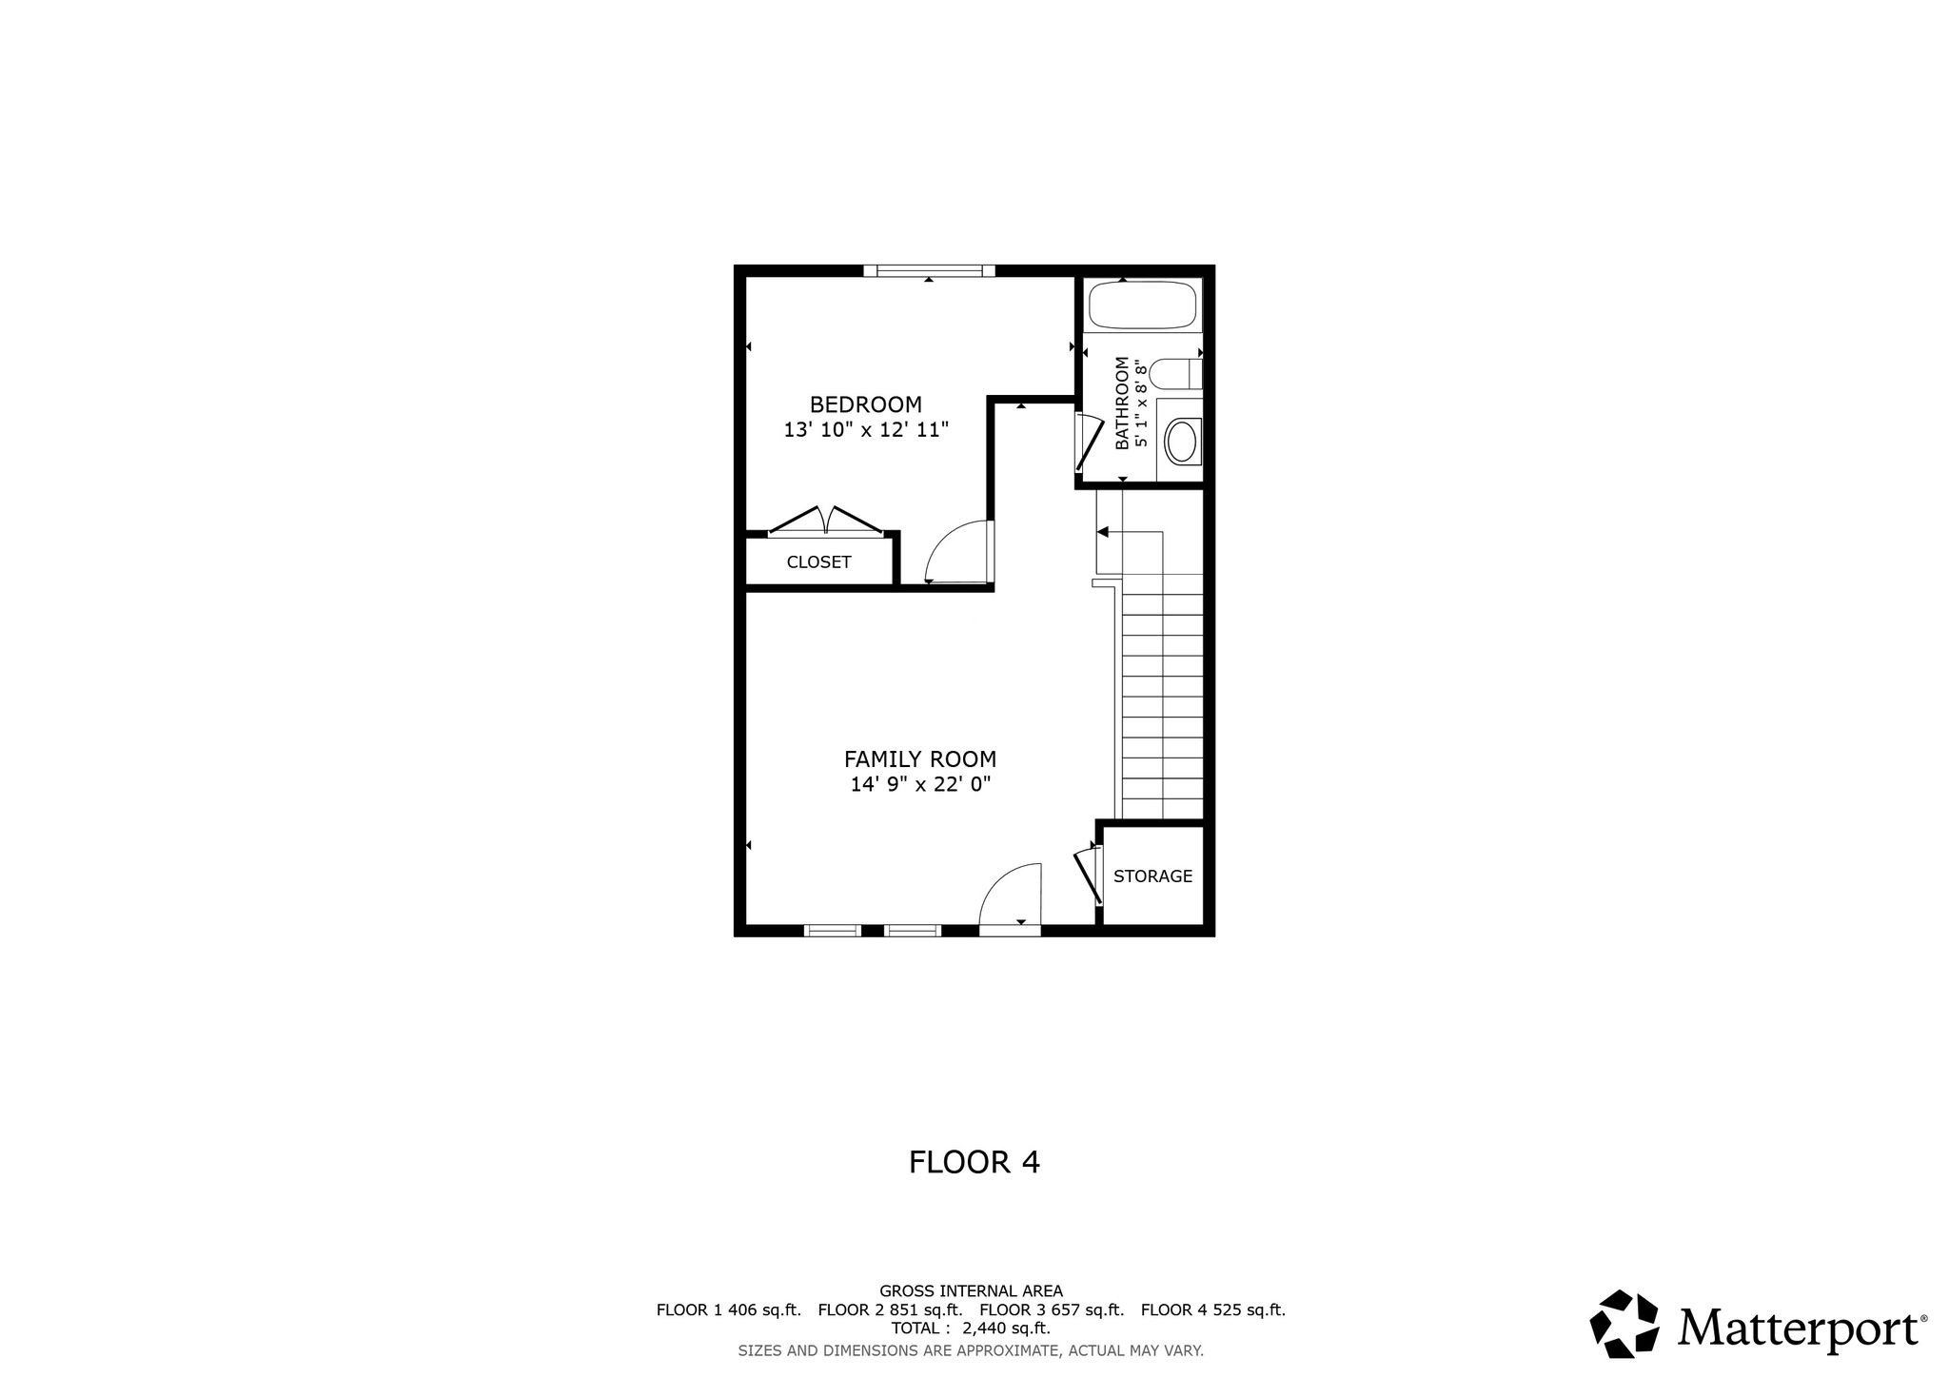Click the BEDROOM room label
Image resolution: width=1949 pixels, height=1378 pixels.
pyautogui.click(x=866, y=404)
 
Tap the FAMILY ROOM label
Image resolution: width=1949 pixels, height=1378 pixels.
pyautogui.click(x=920, y=759)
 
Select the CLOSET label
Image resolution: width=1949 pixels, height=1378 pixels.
pyautogui.click(x=818, y=561)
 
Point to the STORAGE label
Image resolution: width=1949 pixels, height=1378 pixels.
pyautogui.click(x=1152, y=876)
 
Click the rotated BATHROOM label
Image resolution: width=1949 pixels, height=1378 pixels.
pyautogui.click(x=1122, y=403)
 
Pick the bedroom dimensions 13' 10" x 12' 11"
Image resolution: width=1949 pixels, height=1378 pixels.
pyautogui.click(x=866, y=430)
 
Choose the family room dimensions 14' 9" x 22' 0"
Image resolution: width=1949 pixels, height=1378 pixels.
pyautogui.click(x=920, y=785)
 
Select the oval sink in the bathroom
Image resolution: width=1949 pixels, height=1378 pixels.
pyautogui.click(x=1182, y=442)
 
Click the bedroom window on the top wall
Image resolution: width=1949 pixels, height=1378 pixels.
pyautogui.click(x=929, y=271)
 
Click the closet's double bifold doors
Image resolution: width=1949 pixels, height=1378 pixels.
pyautogui.click(x=826, y=521)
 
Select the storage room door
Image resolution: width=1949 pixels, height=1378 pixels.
pyautogui.click(x=1088, y=876)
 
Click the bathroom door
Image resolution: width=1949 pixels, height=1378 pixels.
pyautogui.click(x=1085, y=443)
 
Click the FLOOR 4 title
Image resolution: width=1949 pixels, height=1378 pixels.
pyautogui.click(x=974, y=1163)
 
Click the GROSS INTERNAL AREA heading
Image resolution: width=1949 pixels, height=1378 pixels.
pyautogui.click(x=971, y=1291)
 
